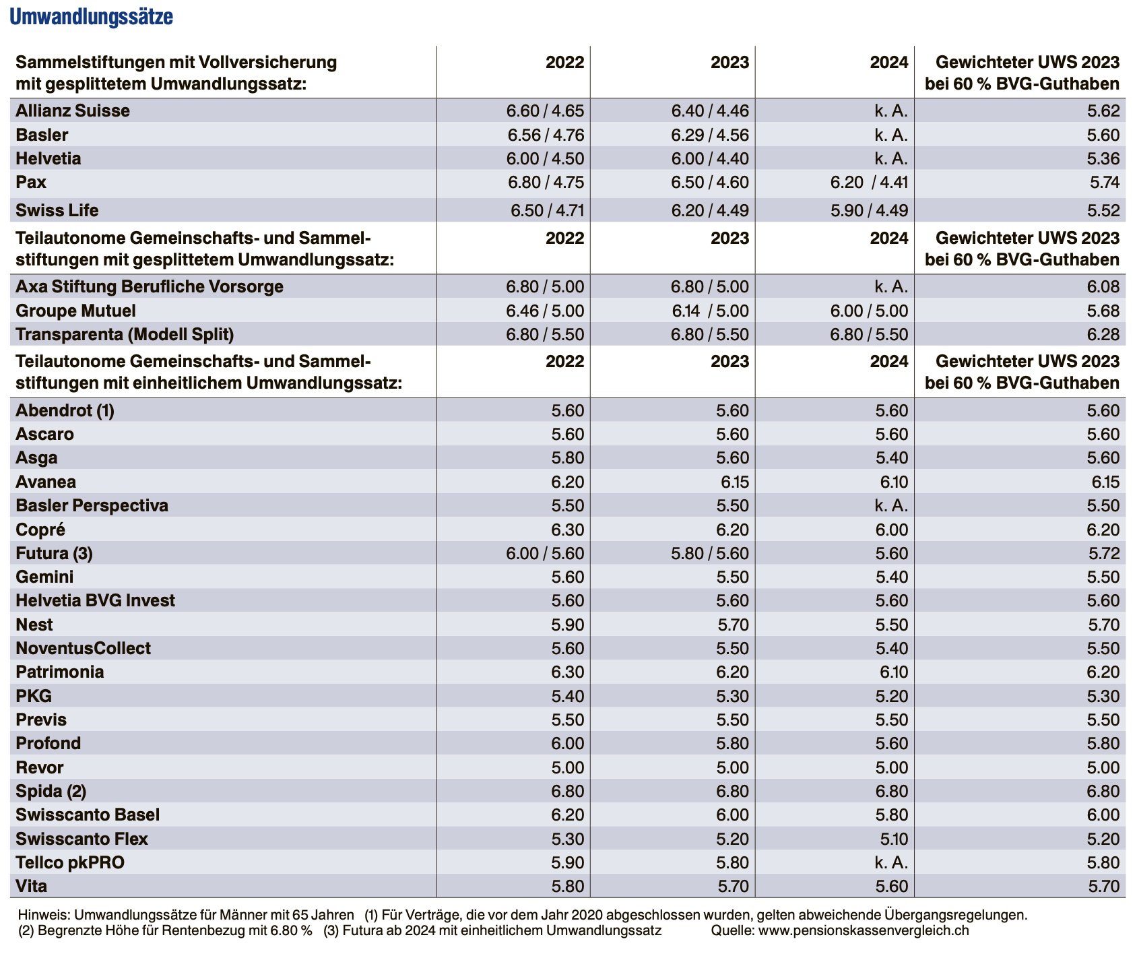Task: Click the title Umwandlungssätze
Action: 91,17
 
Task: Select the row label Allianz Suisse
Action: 73,110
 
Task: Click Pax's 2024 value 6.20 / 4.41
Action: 869,183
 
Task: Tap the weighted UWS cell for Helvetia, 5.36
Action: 1103,159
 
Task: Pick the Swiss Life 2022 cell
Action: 547,211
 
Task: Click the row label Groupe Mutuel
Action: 75,311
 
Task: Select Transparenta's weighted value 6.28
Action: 1103,335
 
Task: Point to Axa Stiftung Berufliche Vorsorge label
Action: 150,287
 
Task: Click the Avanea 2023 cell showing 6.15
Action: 733,482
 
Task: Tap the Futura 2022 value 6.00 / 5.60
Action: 545,554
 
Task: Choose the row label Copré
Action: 40,530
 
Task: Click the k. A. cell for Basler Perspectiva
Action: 891,506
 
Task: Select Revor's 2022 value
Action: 568,768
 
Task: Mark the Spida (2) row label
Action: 51,792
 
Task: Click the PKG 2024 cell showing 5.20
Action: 892,697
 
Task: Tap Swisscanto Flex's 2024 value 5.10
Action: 892,839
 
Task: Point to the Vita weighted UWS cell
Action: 1104,887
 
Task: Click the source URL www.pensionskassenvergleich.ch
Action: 864,931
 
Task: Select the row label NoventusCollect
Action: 84,649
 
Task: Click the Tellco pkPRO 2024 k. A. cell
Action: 891,863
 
